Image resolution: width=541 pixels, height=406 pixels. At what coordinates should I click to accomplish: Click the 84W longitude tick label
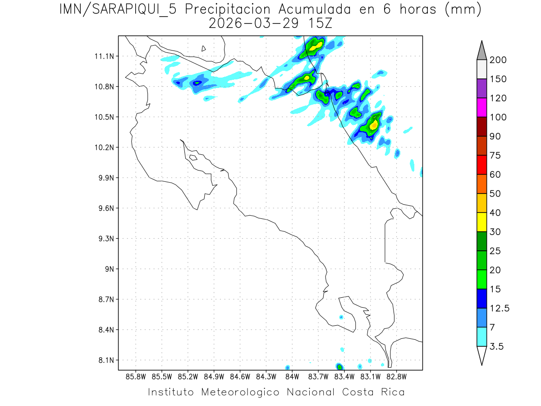pyautogui.click(x=292, y=376)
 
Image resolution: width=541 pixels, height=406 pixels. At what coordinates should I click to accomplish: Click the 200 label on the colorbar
pyautogui.click(x=498, y=60)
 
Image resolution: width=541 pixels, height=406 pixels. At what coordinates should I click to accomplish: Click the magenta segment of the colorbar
pyautogui.click(x=481, y=108)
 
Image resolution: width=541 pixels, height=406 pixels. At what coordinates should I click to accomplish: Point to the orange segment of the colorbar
pyautogui.click(x=481, y=184)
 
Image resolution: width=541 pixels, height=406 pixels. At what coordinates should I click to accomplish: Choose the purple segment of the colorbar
pyautogui.click(x=481, y=88)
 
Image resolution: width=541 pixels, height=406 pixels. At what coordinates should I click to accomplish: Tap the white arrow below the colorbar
pyautogui.click(x=481, y=355)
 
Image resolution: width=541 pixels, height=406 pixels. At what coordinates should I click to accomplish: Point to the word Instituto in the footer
pyautogui.click(x=171, y=392)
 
